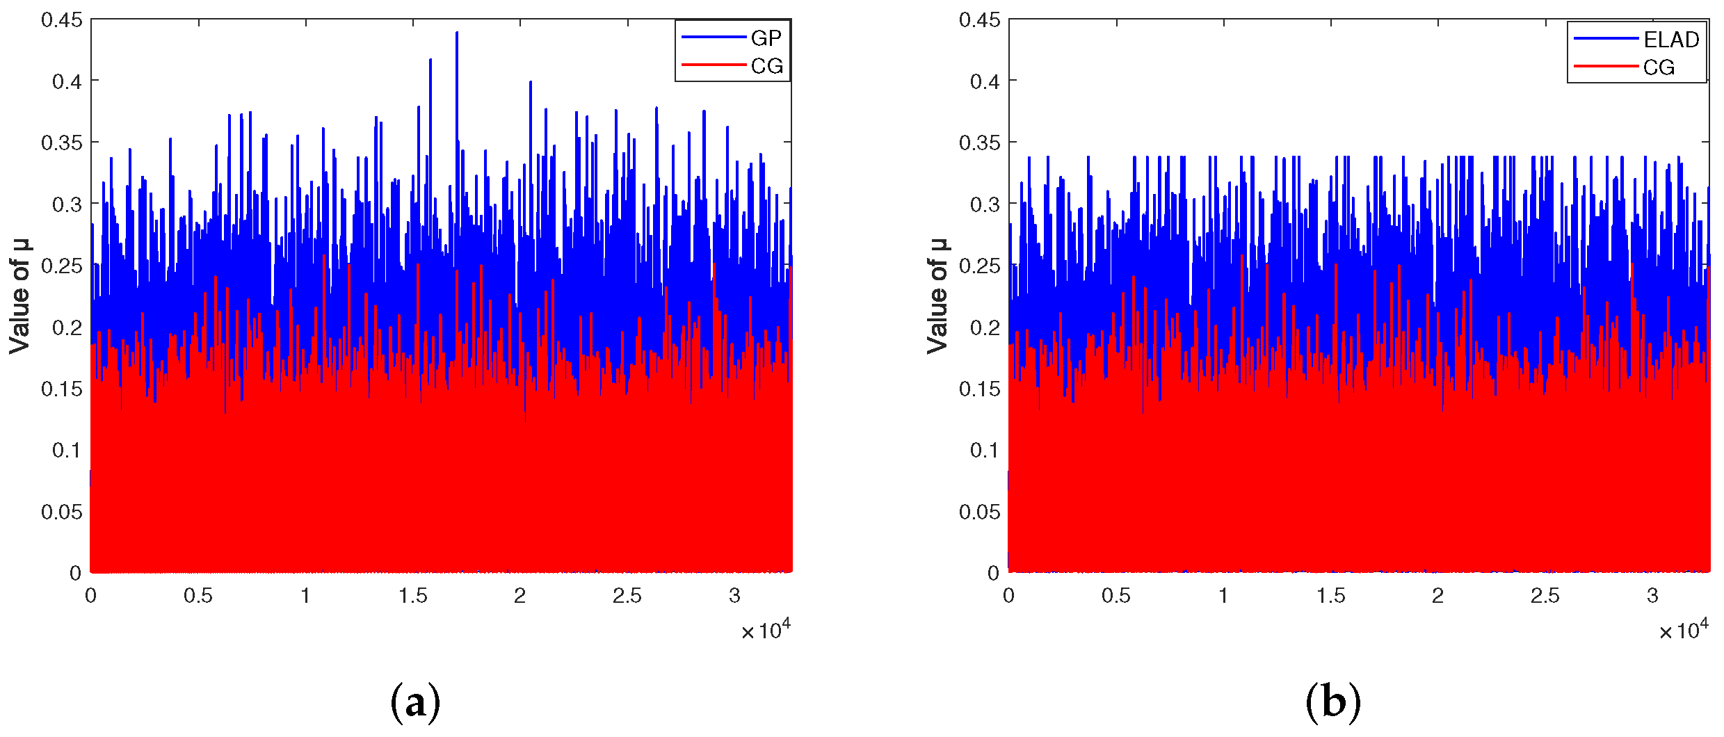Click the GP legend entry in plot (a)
[x=766, y=38]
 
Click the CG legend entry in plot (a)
[x=766, y=66]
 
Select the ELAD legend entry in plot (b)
[x=1670, y=40]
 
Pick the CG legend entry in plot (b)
[x=1659, y=67]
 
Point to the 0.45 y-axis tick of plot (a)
[x=62, y=20]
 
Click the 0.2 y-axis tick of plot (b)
[x=985, y=327]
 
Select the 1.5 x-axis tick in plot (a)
[x=413, y=596]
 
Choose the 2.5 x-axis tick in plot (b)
[x=1545, y=596]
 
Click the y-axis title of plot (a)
[x=19, y=296]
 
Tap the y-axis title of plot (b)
[x=937, y=296]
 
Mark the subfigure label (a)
[x=415, y=702]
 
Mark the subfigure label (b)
[x=1332, y=702]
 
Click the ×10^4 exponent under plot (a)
[x=766, y=631]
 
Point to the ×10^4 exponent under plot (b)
[x=1684, y=631]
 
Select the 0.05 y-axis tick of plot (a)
[x=62, y=512]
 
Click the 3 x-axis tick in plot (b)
[x=1652, y=596]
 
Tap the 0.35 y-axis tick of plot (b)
[x=980, y=143]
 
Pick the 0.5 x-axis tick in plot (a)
[x=198, y=596]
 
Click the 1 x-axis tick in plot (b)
[x=1223, y=596]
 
